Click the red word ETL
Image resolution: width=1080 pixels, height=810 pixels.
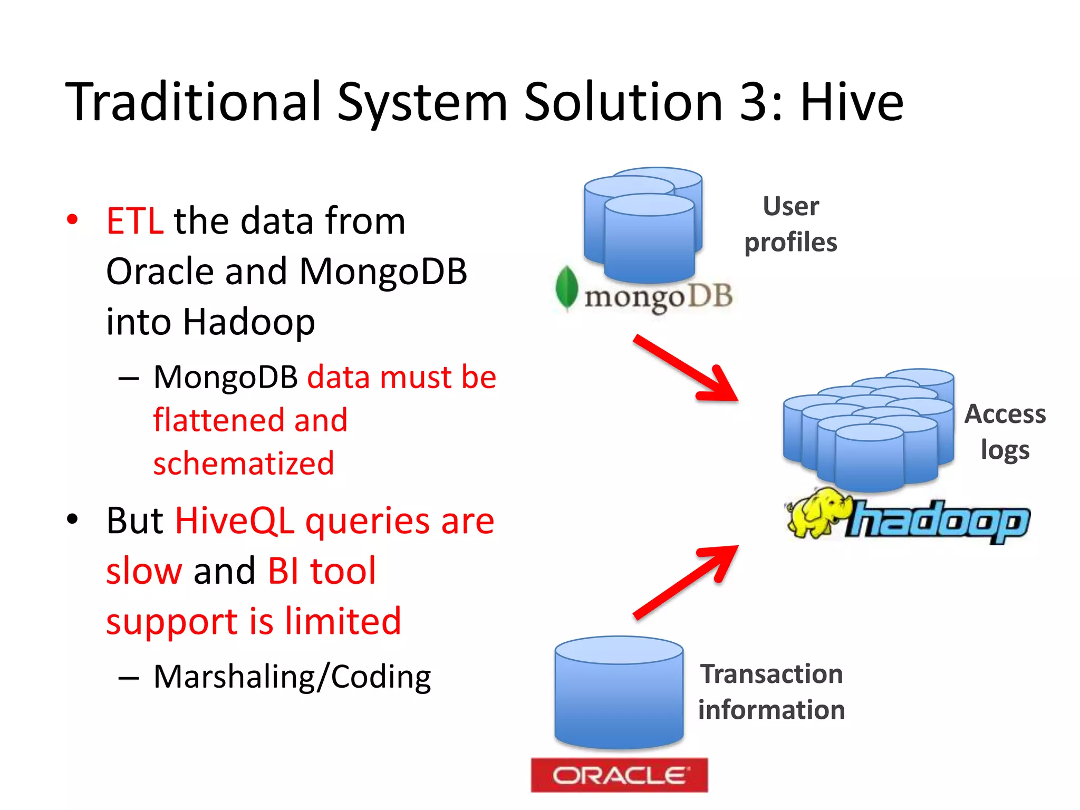(134, 221)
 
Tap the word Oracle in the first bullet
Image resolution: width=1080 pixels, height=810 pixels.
(159, 272)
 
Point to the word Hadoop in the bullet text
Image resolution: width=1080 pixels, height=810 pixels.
(248, 322)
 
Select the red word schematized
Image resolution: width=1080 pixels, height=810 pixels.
(243, 464)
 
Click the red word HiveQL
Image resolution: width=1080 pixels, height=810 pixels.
(234, 521)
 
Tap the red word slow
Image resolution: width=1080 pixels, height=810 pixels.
(144, 571)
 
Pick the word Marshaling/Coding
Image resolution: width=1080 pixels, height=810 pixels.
(292, 677)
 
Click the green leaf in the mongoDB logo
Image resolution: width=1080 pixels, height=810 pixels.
(566, 287)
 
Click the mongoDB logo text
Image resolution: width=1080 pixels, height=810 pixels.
(658, 296)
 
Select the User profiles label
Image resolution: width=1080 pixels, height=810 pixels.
(790, 224)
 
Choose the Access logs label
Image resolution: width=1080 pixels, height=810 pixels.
(1005, 431)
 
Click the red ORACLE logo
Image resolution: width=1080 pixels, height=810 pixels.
(619, 775)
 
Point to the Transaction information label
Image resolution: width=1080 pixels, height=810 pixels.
(771, 691)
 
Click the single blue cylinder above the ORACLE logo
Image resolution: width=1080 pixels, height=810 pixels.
(619, 693)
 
